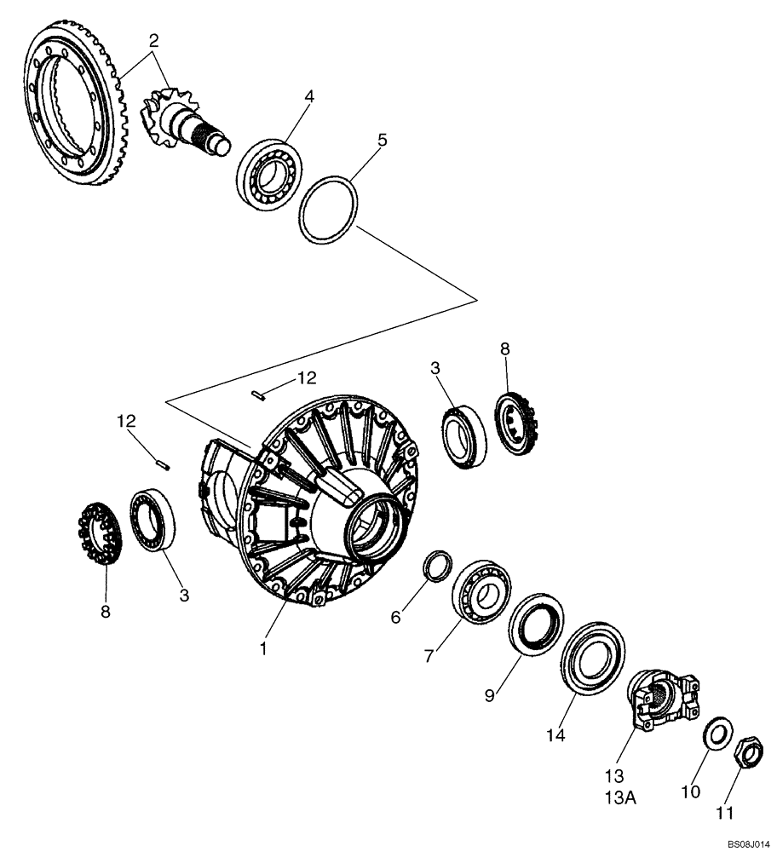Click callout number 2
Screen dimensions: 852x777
153,40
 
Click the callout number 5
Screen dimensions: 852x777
383,139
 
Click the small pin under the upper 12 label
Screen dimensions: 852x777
259,393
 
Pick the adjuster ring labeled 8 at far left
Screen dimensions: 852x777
98,537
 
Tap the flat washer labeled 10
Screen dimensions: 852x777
718,734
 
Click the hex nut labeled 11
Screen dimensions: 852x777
748,751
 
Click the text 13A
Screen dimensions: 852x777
615,797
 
